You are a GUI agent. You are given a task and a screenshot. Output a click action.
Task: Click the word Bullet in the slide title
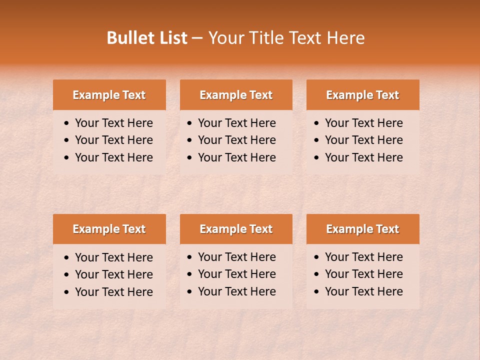[x=128, y=38]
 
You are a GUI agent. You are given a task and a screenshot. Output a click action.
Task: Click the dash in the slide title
[x=197, y=38]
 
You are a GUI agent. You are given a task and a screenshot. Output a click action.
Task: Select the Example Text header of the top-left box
[x=109, y=95]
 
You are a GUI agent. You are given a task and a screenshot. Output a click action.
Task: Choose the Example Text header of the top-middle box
[x=236, y=95]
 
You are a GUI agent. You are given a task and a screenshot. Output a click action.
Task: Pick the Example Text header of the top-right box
[x=362, y=95]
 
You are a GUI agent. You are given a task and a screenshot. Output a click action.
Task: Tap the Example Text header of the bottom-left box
[x=109, y=229]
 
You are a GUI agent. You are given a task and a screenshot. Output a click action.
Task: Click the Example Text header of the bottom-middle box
[x=236, y=229]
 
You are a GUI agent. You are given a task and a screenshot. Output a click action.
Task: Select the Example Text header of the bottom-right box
[x=362, y=229]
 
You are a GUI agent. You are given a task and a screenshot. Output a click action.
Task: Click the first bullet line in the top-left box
[x=113, y=123]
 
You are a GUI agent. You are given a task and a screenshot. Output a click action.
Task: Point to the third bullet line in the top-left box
[x=113, y=157]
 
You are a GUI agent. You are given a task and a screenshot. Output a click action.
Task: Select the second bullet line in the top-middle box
[x=236, y=140]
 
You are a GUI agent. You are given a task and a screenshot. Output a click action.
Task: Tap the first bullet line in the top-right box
[x=363, y=123]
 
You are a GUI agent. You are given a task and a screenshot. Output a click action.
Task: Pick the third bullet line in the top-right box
[x=363, y=157]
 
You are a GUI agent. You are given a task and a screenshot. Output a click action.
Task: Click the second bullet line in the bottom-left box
[x=113, y=274]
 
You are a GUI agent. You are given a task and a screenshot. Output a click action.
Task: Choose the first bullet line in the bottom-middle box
[x=236, y=257]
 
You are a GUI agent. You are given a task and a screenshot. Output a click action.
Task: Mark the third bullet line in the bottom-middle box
[x=236, y=291]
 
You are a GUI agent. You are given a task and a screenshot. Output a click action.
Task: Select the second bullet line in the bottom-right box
[x=363, y=274]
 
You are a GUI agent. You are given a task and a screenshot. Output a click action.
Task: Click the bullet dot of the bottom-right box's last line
[x=317, y=292]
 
